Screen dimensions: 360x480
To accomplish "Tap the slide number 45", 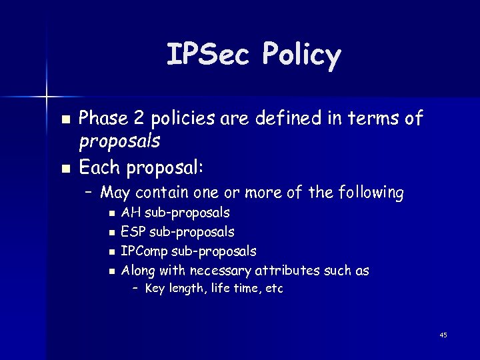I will (443, 335).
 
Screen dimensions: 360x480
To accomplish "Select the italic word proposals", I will (119, 141).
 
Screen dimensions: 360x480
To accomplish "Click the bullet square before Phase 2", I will (65, 120).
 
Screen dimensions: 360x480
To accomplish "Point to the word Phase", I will (103, 119).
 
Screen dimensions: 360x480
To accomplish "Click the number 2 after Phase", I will (139, 119).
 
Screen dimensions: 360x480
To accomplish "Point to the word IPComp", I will (144, 251).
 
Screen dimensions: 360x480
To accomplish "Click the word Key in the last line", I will (155, 289).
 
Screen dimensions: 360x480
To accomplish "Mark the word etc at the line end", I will (274, 289).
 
